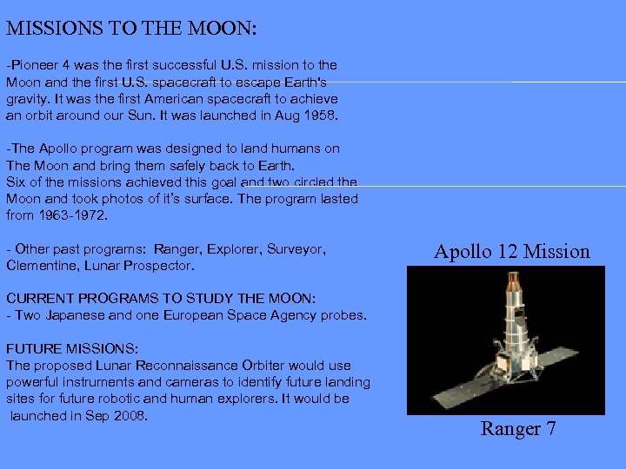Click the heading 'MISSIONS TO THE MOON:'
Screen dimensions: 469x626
tap(131, 28)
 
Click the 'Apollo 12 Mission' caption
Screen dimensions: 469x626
tap(512, 252)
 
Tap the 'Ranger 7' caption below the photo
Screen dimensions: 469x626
tap(518, 429)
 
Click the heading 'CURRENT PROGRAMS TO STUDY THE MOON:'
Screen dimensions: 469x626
tap(161, 298)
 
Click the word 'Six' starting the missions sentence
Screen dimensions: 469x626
tap(17, 182)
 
